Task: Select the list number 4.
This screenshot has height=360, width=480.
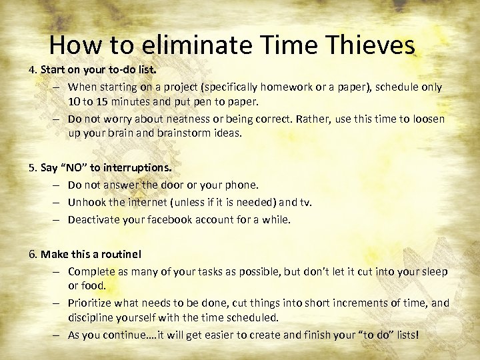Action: point(31,69)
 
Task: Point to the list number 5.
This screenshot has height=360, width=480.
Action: point(31,167)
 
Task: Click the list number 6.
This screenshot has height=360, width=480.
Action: point(31,254)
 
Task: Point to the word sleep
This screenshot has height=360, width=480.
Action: point(434,271)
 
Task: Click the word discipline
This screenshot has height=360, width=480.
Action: point(91,317)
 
